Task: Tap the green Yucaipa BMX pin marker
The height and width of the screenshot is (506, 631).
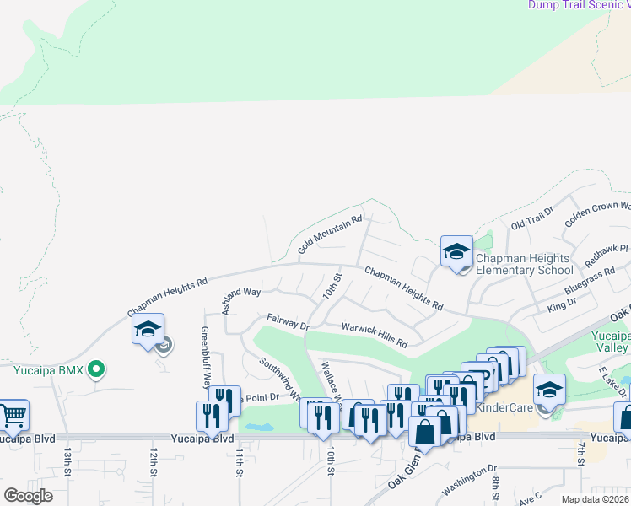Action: click(x=97, y=368)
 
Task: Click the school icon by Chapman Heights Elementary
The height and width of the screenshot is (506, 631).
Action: click(x=456, y=251)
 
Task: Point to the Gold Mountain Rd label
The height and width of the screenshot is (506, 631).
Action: click(x=330, y=234)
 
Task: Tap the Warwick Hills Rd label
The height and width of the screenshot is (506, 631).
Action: click(x=375, y=335)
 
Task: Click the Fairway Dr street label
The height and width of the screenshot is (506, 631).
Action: click(x=288, y=321)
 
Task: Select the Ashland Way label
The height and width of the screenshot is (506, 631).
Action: click(x=241, y=299)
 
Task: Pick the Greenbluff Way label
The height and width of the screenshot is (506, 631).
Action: click(x=205, y=356)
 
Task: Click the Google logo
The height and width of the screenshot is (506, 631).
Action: click(x=29, y=496)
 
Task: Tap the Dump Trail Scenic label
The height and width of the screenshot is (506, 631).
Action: click(x=579, y=5)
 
